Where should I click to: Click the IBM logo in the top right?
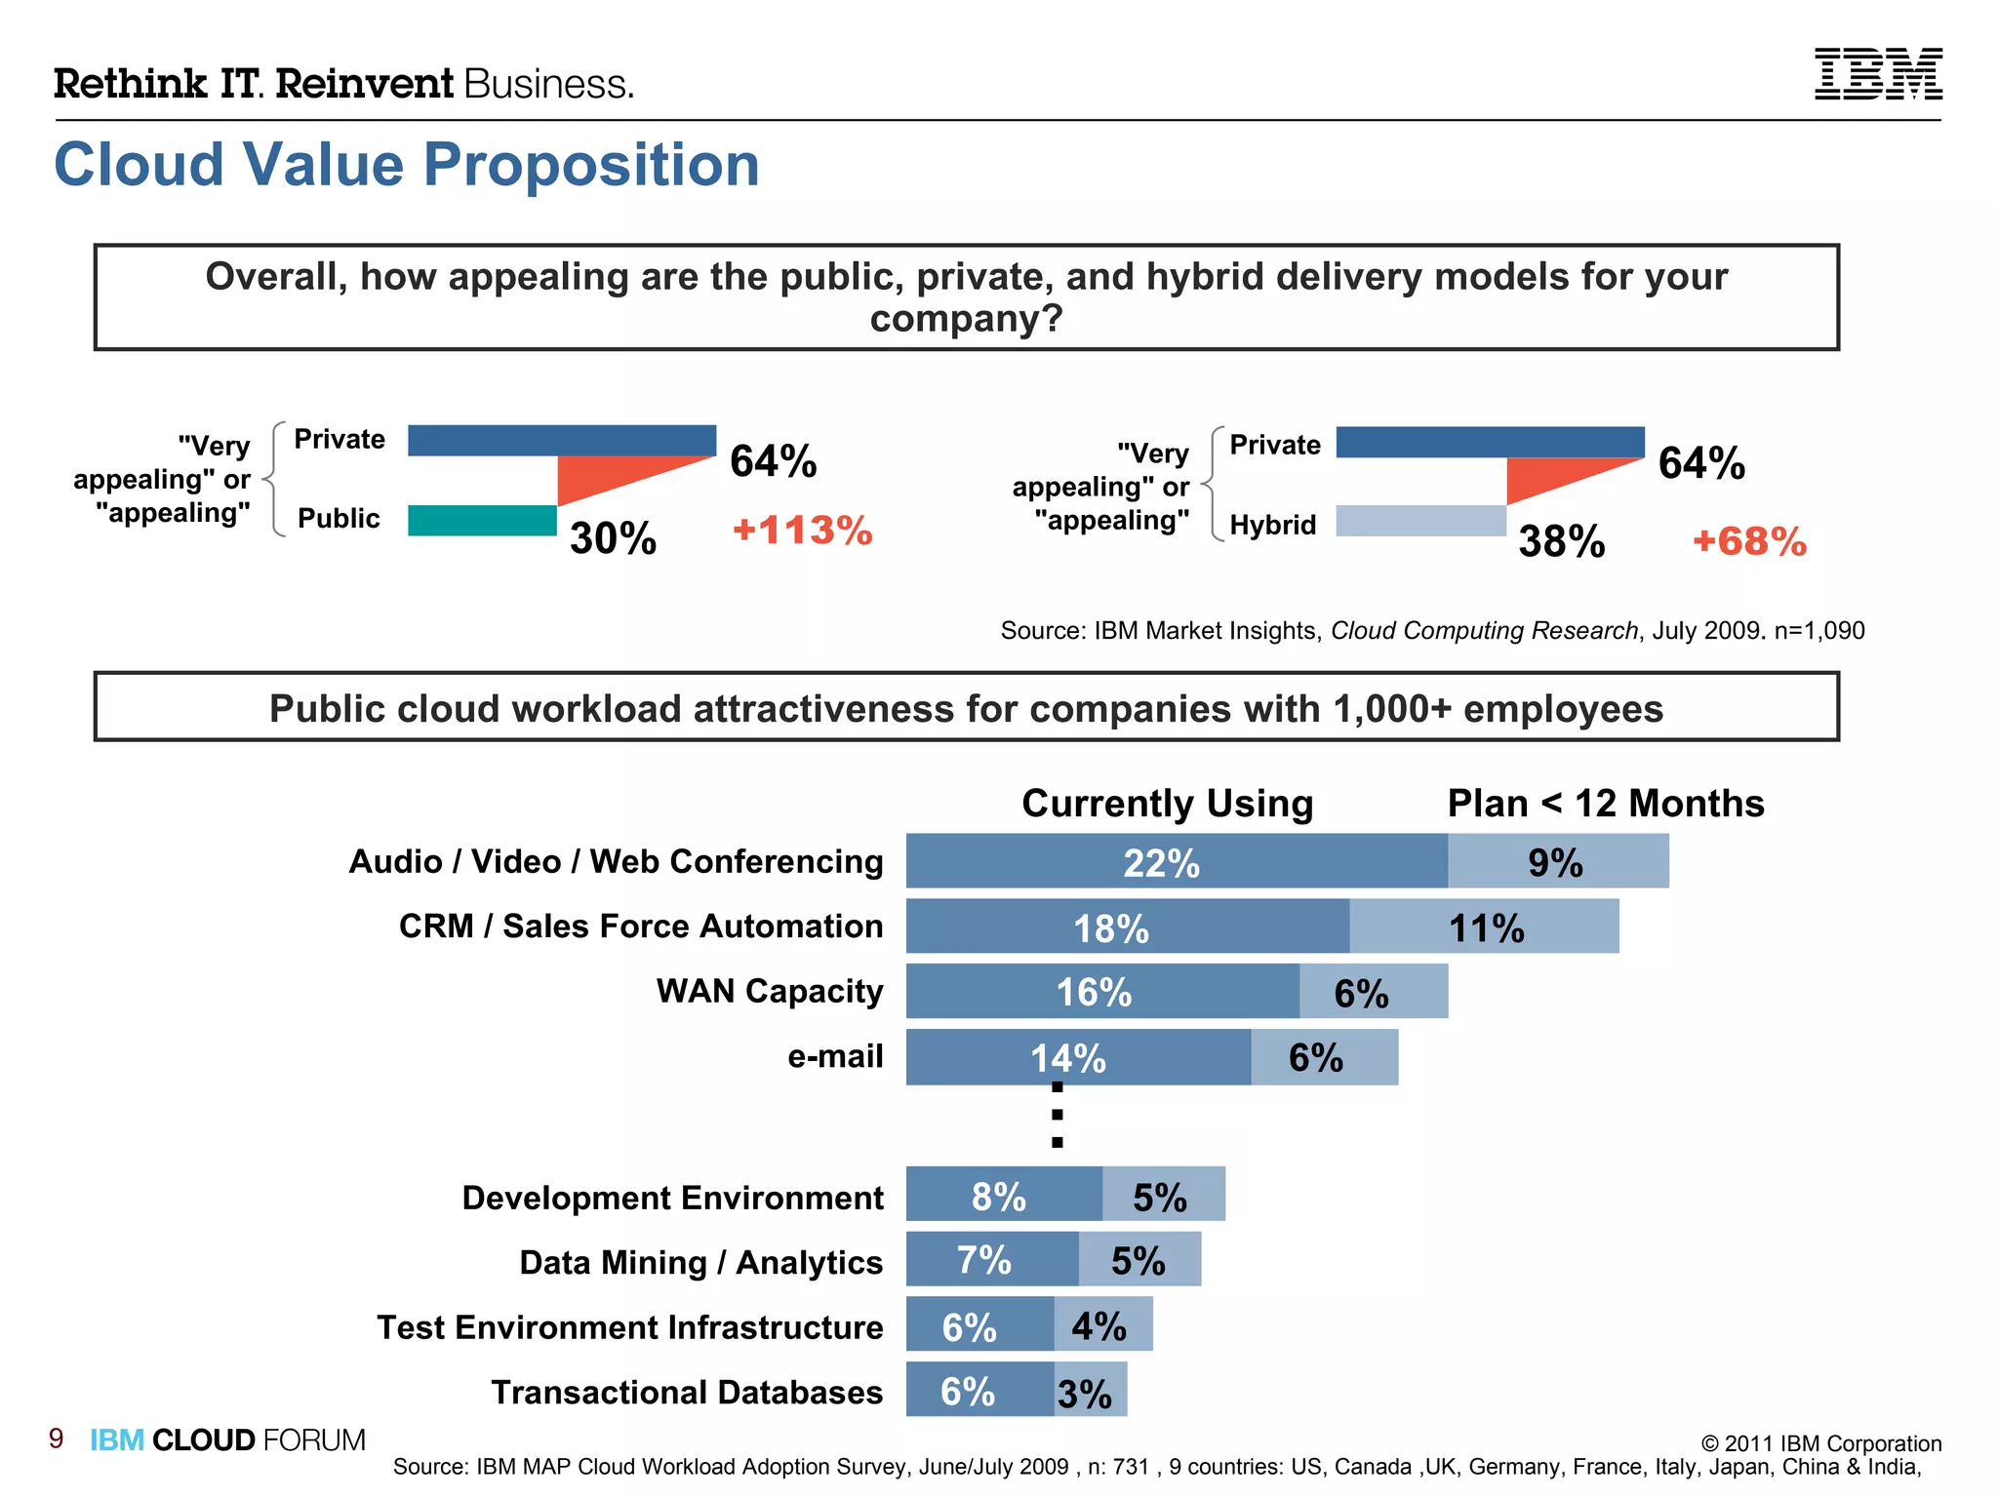[1877, 74]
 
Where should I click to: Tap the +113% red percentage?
[802, 531]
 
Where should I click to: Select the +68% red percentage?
[1749, 542]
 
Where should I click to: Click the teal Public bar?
[482, 521]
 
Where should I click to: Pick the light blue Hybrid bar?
[1420, 521]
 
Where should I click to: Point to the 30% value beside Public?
[613, 538]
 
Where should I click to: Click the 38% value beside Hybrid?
[1561, 541]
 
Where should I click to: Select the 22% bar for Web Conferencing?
[1176, 861]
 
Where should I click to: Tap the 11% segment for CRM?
[1484, 926]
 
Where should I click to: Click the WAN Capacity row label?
[769, 991]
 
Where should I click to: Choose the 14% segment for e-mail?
[1077, 1057]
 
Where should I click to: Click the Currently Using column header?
[1167, 804]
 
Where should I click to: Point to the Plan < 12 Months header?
[1605, 804]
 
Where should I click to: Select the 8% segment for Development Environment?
[1003, 1194]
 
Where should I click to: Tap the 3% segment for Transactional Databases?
[1091, 1391]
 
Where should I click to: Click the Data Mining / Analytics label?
[700, 1262]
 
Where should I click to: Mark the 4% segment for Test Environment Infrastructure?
[1102, 1324]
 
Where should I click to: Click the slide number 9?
[57, 1439]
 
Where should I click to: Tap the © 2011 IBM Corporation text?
[1820, 1443]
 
